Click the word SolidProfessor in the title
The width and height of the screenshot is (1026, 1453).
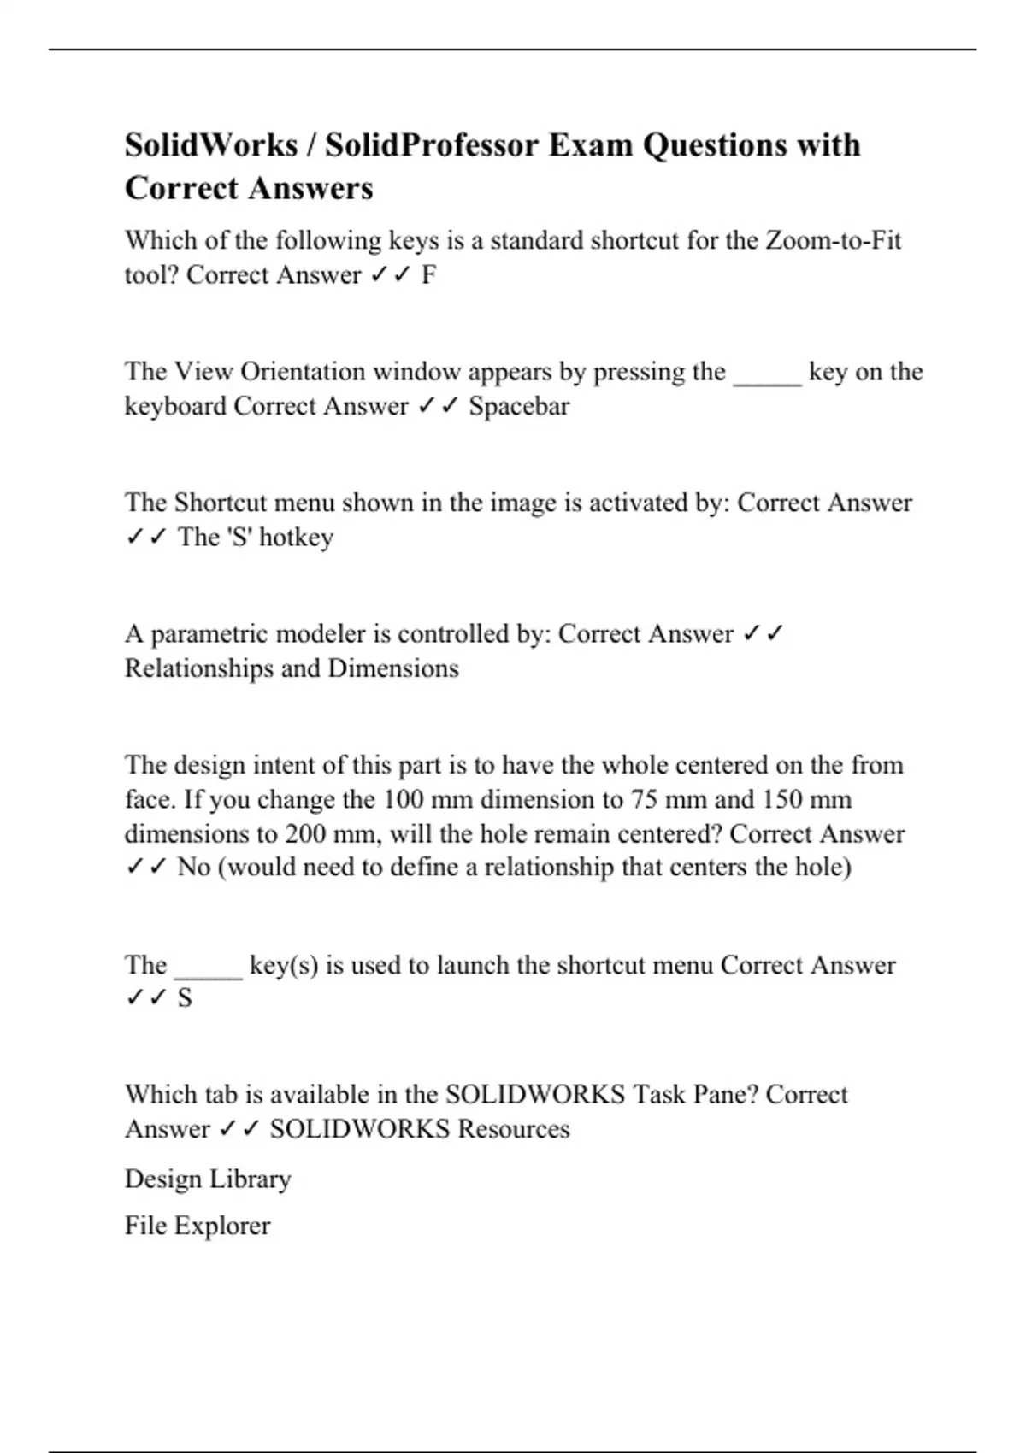[x=431, y=145]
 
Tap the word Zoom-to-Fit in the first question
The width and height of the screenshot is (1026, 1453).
[x=833, y=240]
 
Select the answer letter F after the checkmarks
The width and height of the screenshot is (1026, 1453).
[x=428, y=275]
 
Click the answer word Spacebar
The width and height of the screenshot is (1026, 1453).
[x=519, y=406]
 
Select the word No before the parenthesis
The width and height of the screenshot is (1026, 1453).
[x=193, y=868]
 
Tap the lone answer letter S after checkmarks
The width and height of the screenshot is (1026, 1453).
[x=185, y=998]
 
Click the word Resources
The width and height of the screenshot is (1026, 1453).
[x=513, y=1129]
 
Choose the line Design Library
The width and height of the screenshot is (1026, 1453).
[x=208, y=1179]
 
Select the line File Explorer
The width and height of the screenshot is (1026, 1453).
[x=198, y=1226]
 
